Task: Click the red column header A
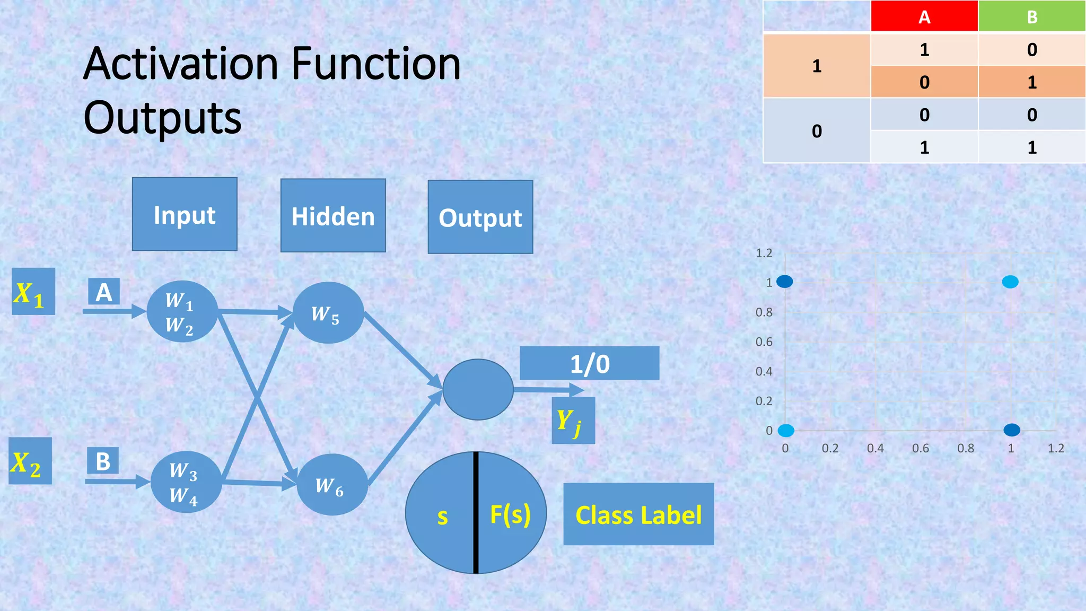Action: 924,16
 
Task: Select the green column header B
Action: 1031,16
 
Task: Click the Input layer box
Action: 185,214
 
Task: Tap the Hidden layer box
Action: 333,216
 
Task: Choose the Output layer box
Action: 480,217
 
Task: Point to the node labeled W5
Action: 328,313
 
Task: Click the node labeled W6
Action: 332,485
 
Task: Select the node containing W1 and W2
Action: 182,311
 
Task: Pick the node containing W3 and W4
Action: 186,482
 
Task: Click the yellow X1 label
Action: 33,292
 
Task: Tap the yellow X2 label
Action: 30,461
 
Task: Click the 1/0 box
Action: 589,363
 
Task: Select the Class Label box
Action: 638,514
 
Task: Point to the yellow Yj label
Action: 573,421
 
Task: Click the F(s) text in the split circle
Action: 510,514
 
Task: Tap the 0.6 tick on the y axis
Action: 764,342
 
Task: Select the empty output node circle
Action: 478,390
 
